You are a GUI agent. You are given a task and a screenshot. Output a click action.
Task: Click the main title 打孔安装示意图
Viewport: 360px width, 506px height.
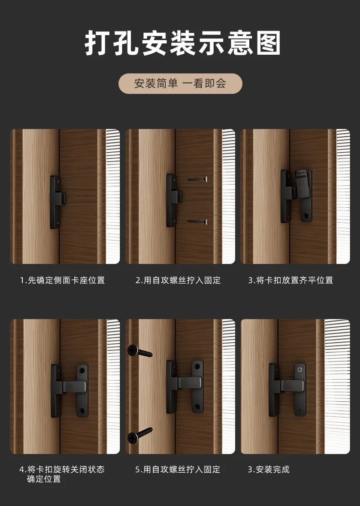coord(183,43)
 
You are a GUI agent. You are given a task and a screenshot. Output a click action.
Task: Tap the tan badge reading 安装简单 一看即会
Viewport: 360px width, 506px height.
coord(180,83)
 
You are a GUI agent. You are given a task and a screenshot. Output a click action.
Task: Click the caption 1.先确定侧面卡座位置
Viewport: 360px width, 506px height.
coord(62,280)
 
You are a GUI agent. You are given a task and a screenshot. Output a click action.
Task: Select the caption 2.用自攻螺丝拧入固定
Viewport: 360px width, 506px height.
coord(178,280)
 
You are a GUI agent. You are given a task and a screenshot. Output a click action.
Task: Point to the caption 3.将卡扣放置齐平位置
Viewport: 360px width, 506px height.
coord(291,280)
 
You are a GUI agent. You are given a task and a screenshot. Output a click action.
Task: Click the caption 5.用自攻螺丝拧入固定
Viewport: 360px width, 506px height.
coord(178,470)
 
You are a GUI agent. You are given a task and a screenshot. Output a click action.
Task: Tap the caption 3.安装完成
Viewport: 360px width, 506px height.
coord(269,470)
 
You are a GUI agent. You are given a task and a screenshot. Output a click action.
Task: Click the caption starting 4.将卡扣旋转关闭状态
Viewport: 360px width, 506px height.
coord(62,474)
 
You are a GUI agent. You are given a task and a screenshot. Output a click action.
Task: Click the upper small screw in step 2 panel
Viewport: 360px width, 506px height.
coord(197,179)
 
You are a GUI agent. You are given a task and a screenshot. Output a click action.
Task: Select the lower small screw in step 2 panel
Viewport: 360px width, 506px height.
coord(197,222)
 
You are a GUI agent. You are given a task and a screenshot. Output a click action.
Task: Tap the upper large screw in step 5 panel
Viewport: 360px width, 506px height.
coord(140,351)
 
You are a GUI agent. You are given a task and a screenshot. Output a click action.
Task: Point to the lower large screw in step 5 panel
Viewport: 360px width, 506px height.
coord(140,435)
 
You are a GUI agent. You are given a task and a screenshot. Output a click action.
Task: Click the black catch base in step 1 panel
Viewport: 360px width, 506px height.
coord(57,202)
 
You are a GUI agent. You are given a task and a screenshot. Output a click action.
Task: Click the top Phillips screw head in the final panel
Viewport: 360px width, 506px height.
coord(300,368)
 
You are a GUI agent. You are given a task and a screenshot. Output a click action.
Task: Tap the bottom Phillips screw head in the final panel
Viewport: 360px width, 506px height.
coord(300,410)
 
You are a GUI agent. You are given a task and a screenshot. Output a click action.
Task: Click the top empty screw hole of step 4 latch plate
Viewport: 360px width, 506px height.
coord(82,370)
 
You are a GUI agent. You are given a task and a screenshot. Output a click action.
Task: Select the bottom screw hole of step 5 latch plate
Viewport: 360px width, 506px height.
coord(197,407)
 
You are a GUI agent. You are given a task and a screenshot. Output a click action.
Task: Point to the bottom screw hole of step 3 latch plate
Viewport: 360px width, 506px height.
coord(306,215)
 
